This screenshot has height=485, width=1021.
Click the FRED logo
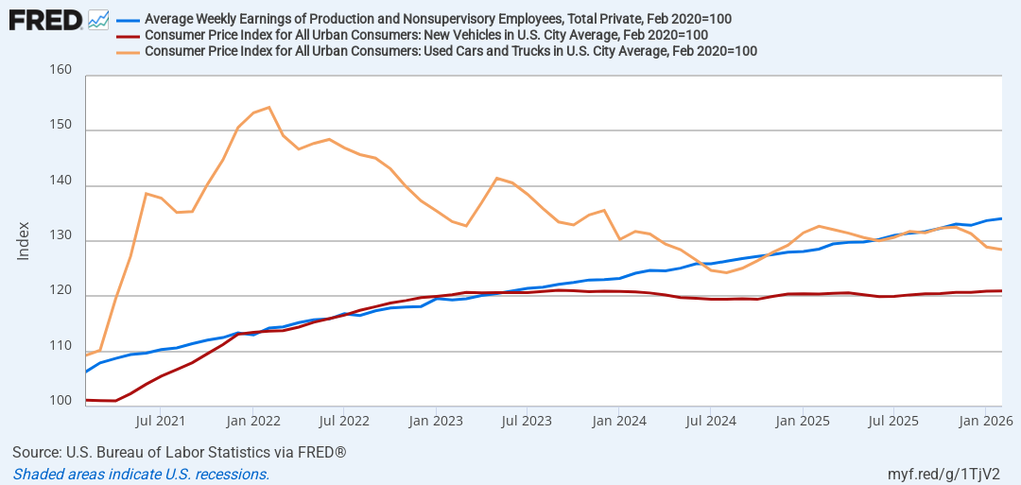pyautogui.click(x=45, y=20)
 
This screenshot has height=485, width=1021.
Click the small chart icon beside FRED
pyautogui.click(x=97, y=20)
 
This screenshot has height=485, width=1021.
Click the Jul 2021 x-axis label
pyautogui.click(x=160, y=422)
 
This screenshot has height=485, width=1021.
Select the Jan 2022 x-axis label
pyautogui.click(x=252, y=422)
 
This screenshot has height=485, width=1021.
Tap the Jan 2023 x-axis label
pyautogui.click(x=435, y=422)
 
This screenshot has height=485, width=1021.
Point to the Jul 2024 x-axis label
pyautogui.click(x=710, y=422)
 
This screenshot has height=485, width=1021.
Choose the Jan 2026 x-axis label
pyautogui.click(x=985, y=422)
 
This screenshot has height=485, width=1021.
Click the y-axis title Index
pyautogui.click(x=24, y=241)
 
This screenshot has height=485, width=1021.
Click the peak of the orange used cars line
pyautogui.click(x=268, y=107)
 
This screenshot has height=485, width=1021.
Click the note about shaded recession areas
pyautogui.click(x=141, y=474)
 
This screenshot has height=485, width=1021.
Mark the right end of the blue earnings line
pyautogui.click(x=1001, y=218)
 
